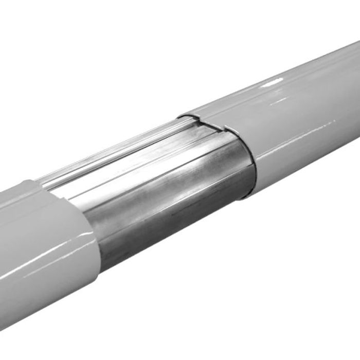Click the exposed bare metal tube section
[170, 190]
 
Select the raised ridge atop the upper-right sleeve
[267, 77]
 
